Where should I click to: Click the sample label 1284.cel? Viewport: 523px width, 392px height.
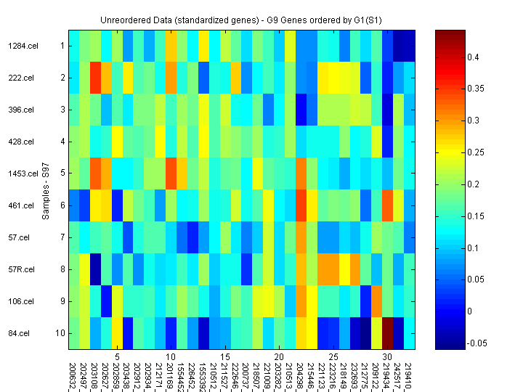[x=20, y=46]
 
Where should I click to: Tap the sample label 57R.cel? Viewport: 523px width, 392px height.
[x=20, y=269]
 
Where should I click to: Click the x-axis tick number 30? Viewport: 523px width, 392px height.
[x=387, y=356]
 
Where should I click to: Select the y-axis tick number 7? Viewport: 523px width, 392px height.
[x=62, y=237]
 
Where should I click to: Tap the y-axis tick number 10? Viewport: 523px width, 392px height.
[x=61, y=333]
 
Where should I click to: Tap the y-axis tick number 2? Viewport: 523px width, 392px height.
[x=62, y=78]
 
